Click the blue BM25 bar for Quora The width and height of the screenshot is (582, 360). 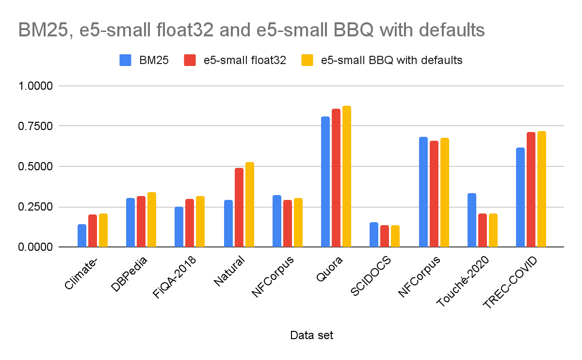(325, 182)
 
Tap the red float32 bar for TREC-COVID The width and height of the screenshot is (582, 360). (531, 190)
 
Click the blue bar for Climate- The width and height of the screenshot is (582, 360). (82, 236)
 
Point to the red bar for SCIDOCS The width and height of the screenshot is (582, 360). (385, 236)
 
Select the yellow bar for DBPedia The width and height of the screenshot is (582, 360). (152, 220)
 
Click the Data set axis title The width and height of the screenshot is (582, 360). (311, 335)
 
